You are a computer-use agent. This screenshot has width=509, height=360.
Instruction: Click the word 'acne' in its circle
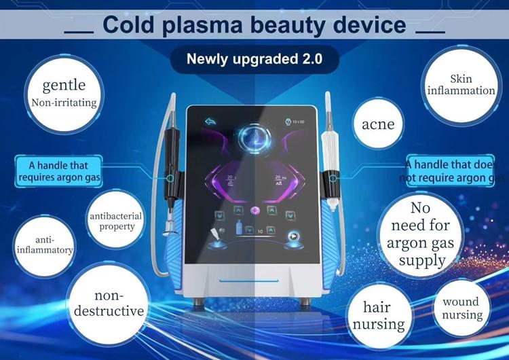(x=378, y=124)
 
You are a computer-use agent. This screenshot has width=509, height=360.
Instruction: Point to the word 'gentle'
(x=64, y=86)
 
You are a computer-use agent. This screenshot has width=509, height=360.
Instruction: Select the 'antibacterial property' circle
(x=116, y=221)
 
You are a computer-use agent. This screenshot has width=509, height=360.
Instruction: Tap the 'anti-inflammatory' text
(x=45, y=245)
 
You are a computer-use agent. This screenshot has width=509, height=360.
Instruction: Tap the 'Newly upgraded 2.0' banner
(x=254, y=59)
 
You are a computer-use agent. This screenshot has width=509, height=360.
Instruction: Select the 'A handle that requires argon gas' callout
(x=59, y=171)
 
